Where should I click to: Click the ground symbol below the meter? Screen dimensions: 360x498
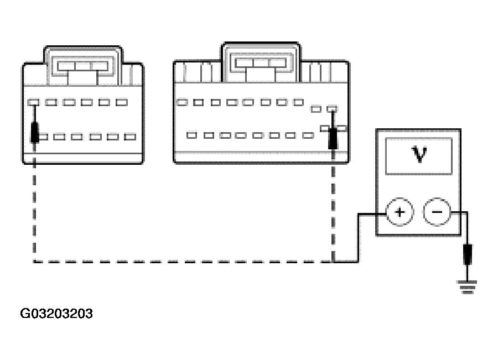point(468,286)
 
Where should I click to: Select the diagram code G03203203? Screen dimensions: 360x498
point(56,314)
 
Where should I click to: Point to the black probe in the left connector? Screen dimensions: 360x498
point(35,132)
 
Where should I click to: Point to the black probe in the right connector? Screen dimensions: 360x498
point(333,138)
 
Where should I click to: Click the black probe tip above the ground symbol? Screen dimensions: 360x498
point(468,255)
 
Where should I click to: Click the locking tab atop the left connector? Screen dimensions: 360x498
point(83,66)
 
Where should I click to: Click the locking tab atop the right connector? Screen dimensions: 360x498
point(260,62)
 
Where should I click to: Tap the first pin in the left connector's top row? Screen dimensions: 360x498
point(33,102)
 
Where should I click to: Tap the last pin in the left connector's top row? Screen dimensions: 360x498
point(122,102)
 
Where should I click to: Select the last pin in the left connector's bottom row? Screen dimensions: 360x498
point(130,137)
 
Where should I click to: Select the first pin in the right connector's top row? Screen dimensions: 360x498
point(181,102)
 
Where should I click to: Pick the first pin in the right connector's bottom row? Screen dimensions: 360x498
point(192,135)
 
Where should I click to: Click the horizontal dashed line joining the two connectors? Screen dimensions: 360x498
point(183,262)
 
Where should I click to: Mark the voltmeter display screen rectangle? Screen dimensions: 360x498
point(419,156)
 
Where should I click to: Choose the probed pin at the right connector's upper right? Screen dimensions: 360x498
point(332,109)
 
